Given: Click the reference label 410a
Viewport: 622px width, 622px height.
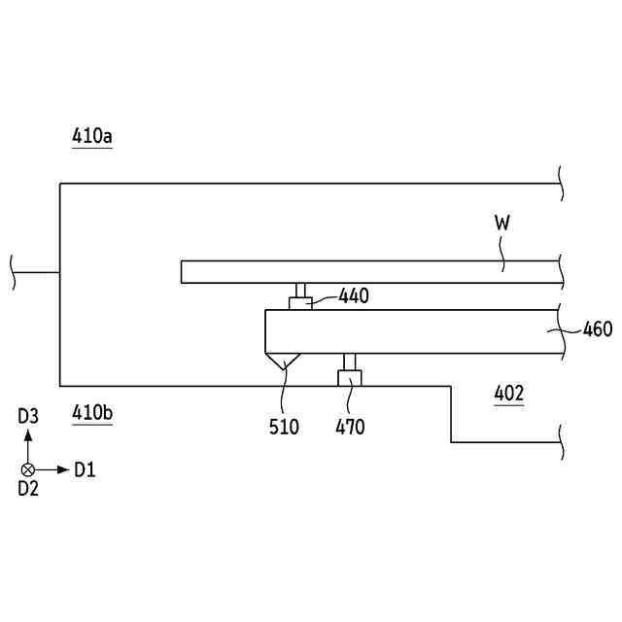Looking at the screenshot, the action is pyautogui.click(x=92, y=136).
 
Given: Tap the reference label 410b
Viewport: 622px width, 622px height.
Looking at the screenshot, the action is pyautogui.click(x=92, y=412).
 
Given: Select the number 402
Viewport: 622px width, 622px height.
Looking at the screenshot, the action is pyautogui.click(x=509, y=393).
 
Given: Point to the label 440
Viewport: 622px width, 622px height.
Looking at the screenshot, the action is pyautogui.click(x=354, y=295).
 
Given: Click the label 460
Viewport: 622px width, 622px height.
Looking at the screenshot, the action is pyautogui.click(x=598, y=329).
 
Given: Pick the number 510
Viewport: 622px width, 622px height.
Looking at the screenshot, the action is pyautogui.click(x=284, y=428).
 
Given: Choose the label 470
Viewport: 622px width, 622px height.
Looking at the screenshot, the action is pyautogui.click(x=350, y=428).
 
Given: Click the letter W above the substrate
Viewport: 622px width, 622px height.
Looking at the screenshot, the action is pyautogui.click(x=502, y=223).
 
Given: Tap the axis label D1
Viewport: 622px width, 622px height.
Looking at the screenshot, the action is pyautogui.click(x=85, y=470).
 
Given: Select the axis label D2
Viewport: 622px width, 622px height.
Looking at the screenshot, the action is pyautogui.click(x=28, y=489).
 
